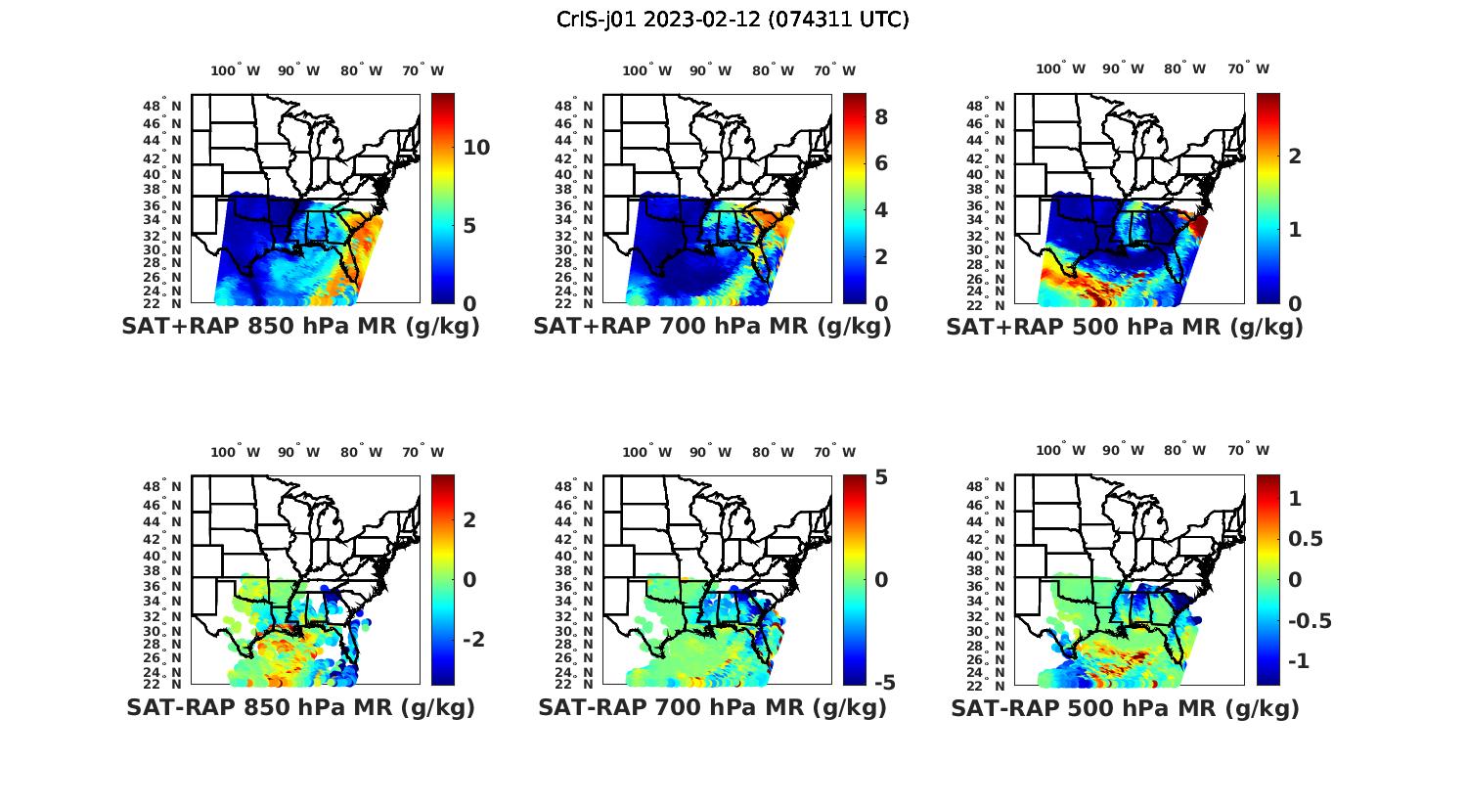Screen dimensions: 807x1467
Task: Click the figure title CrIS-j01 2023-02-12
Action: point(733,20)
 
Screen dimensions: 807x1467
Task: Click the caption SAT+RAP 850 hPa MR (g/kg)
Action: point(300,327)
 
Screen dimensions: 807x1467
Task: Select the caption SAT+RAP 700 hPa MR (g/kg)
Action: point(712,327)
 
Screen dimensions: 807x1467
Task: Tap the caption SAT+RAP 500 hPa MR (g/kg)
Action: point(1125,327)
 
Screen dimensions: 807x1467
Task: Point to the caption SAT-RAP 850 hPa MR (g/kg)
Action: point(300,707)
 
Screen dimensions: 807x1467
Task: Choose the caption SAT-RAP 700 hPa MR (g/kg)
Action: point(712,707)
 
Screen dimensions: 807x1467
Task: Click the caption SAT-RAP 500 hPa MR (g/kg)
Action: point(1125,707)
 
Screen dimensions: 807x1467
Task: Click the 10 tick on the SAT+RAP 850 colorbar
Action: point(476,148)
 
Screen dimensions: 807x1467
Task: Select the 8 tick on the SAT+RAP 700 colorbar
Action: point(880,117)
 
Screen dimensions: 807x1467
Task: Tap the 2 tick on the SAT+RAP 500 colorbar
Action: point(1295,156)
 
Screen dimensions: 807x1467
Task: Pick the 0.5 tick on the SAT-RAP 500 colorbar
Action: point(1305,539)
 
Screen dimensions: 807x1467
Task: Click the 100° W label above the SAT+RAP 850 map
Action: point(235,70)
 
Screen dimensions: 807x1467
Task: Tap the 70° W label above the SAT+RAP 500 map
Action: point(1248,68)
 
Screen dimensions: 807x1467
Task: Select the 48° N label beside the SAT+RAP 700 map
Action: point(573,106)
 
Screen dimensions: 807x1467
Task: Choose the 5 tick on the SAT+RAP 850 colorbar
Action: point(469,226)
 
